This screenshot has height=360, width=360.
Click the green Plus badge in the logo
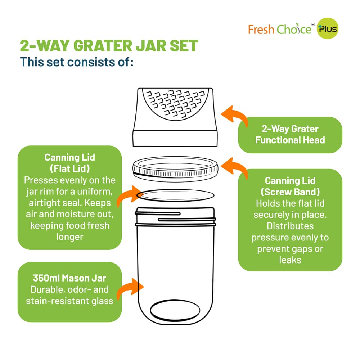coord(327,29)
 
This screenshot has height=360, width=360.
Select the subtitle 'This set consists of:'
coord(77,62)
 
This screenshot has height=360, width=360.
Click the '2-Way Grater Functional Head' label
coord(290,135)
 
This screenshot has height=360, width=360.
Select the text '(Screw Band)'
coord(290,192)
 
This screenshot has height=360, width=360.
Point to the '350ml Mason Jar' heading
coord(69,278)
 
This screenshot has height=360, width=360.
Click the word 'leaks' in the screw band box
coord(290,260)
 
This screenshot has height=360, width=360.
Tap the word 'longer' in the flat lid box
coord(69,237)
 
